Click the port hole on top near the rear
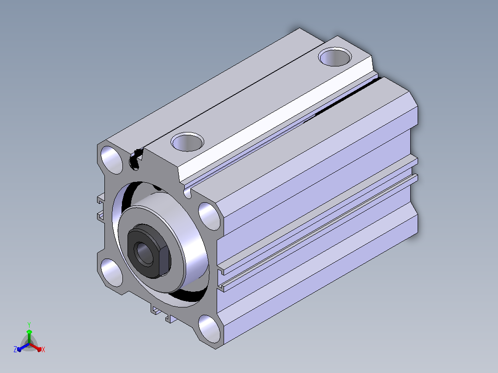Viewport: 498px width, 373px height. click(335, 57)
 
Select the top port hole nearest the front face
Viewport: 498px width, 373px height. click(188, 142)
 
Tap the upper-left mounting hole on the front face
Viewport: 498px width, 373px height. click(111, 160)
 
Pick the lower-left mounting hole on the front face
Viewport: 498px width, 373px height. click(111, 273)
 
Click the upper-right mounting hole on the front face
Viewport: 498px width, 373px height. click(209, 216)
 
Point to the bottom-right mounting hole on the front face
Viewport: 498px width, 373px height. click(209, 329)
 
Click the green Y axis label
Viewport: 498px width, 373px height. click(29, 325)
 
